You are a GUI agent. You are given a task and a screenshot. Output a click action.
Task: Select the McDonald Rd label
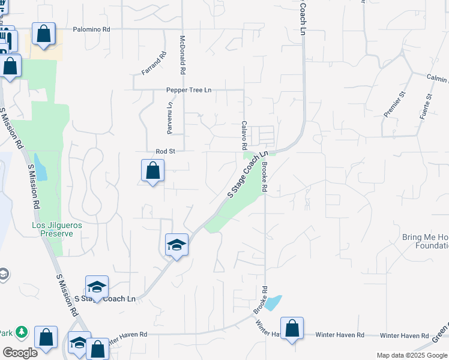point(182,55)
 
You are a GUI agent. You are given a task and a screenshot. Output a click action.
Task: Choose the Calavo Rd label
point(244,135)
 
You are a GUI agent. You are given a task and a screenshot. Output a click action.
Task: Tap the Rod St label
point(165,152)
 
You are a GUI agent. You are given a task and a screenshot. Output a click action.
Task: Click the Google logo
point(20,353)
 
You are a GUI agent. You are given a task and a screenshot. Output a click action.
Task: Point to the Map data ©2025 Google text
point(412,355)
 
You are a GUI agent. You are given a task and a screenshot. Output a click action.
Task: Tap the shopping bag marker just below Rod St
point(152,170)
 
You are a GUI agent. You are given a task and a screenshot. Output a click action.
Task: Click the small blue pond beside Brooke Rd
point(273,302)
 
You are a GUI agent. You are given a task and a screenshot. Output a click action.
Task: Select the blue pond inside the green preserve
point(40,167)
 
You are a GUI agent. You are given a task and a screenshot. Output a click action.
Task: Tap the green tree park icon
point(22,332)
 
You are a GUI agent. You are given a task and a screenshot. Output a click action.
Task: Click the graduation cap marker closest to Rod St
point(176,245)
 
